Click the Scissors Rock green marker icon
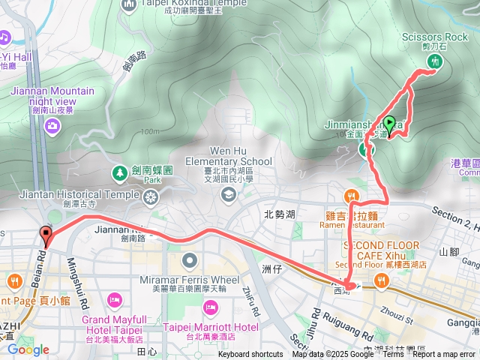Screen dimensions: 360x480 pos(434,61)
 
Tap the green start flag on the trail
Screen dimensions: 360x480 pos(389,123)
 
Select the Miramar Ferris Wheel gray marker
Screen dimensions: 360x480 pos(190,261)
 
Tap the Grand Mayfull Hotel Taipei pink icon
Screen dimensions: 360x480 pos(115,300)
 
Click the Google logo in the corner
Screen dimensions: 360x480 pos(28,349)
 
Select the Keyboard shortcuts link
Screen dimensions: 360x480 pos(251,355)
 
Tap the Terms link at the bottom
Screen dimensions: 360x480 pos(393,355)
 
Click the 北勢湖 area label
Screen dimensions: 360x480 pos(280,214)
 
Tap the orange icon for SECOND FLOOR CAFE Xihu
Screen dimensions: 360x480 pos(382,280)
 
